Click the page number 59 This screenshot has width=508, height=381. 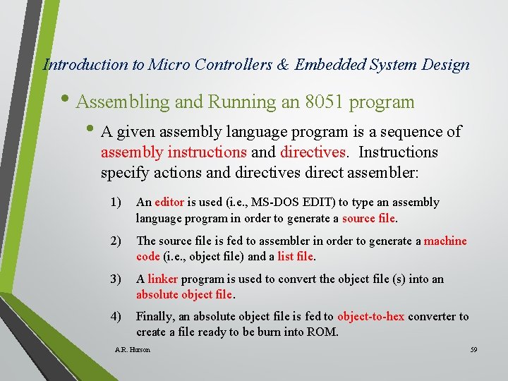coord(474,350)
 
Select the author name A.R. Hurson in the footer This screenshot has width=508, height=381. coord(132,350)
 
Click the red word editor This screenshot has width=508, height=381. coord(169,202)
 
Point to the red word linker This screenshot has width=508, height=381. coord(162,279)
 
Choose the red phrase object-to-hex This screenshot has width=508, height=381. coord(370,316)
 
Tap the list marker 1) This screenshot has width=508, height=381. coord(116,202)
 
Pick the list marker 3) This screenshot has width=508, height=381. coord(116,279)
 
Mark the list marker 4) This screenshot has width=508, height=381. coord(116,316)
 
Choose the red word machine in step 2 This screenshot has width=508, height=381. coord(445,241)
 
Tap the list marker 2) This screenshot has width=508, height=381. coord(116,241)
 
